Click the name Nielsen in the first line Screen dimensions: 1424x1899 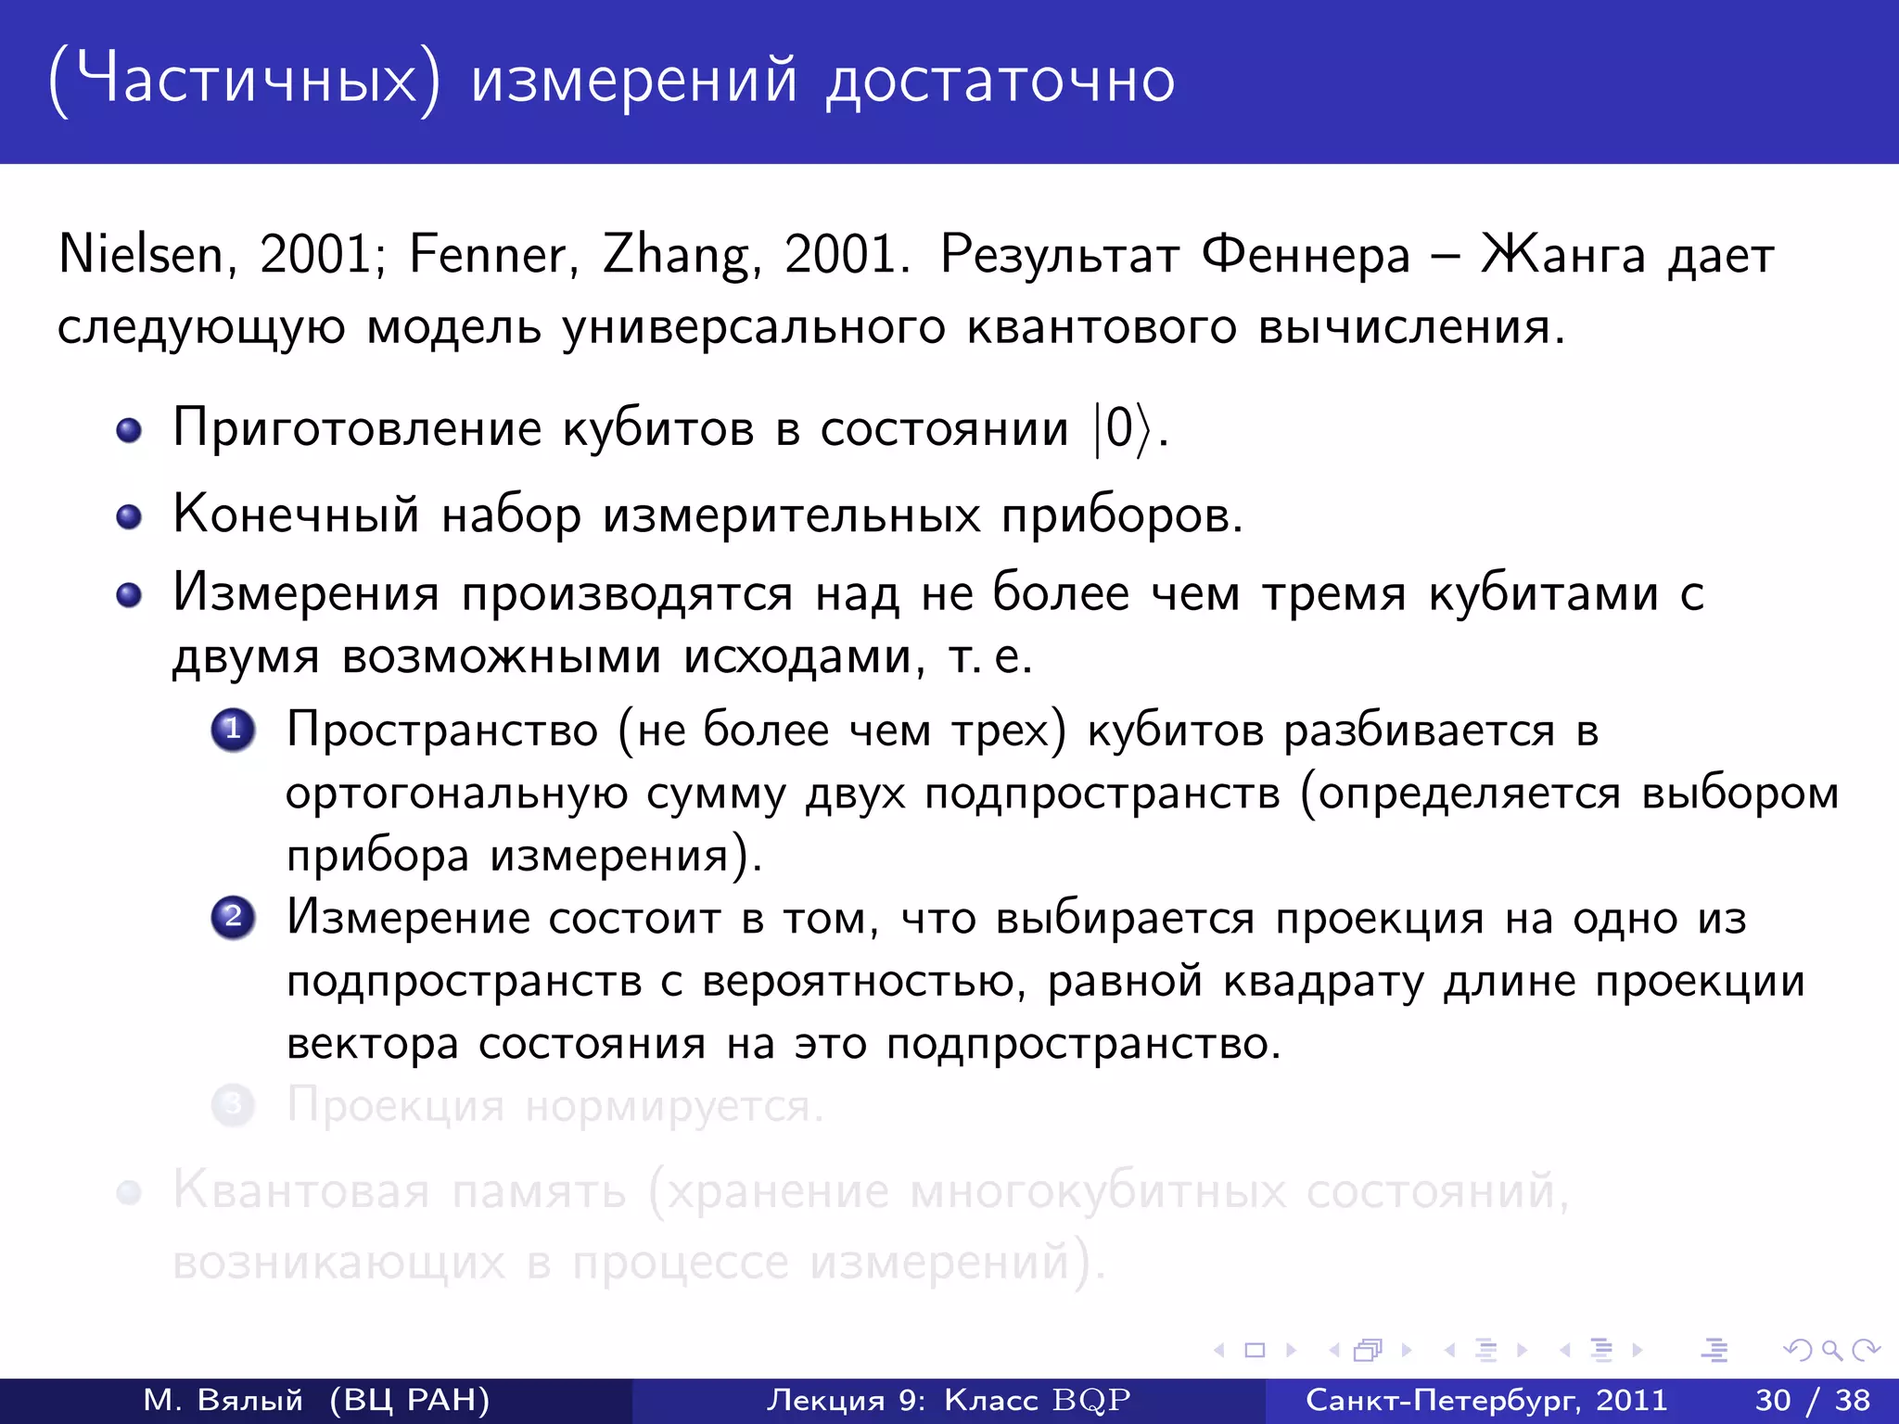(x=140, y=254)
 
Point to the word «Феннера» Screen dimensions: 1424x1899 (x=1306, y=254)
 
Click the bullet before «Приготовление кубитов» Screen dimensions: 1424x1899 (x=129, y=430)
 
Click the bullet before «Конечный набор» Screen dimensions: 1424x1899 (x=129, y=516)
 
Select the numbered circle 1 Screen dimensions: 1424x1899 (x=233, y=730)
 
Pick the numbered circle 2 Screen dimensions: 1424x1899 (x=233, y=918)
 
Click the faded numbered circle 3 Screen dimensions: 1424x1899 (x=233, y=1105)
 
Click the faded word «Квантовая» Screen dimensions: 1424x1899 (x=301, y=1190)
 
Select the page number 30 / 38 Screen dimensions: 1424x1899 (x=1812, y=1400)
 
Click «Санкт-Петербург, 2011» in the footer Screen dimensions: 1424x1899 (x=1486, y=1400)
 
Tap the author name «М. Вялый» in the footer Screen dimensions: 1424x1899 (x=223, y=1400)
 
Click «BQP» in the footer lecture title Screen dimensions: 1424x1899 (x=1091, y=1400)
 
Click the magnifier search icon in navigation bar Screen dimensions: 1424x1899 (x=1831, y=1350)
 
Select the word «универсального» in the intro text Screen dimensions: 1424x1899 (x=755, y=328)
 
